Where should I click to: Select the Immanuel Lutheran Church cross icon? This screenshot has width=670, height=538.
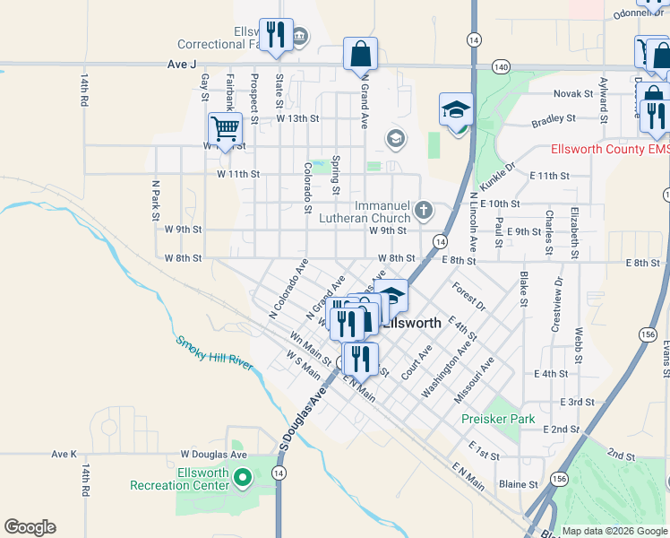point(424,212)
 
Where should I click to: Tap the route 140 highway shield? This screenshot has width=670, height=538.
point(501,66)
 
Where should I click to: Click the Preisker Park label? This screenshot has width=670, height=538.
point(498,419)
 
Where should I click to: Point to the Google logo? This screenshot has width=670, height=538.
point(30,527)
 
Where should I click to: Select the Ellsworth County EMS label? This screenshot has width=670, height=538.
point(610,150)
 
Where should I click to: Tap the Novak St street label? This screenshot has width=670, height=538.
point(573,93)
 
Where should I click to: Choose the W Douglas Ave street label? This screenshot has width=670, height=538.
point(213,455)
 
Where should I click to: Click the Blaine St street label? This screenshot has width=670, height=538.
point(519,484)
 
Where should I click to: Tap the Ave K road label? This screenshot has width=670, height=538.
point(65,455)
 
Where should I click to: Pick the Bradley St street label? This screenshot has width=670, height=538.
point(553,118)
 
